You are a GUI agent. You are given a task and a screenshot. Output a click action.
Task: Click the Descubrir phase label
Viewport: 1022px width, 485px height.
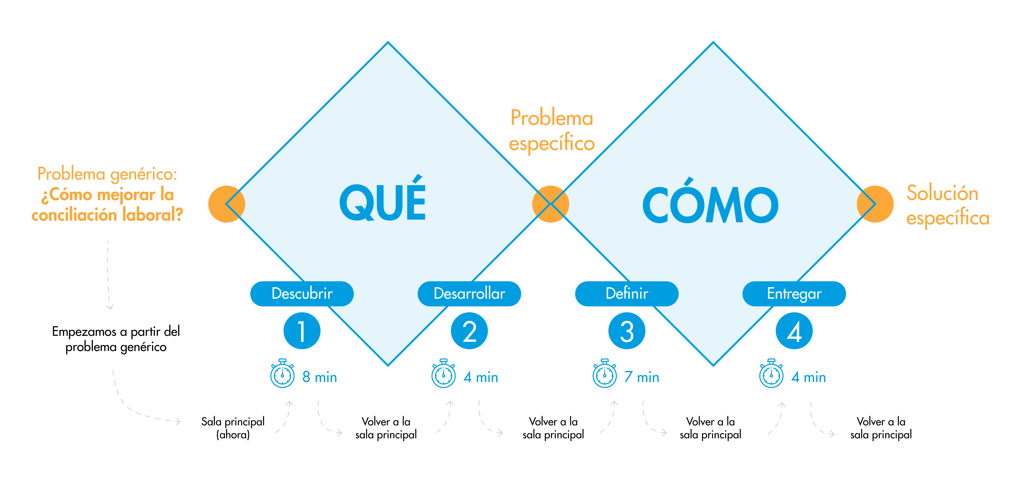point(302,294)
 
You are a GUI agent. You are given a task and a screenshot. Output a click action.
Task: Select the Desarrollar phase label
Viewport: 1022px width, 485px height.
point(469,294)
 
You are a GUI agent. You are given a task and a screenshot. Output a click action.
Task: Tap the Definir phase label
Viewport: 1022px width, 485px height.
point(627,294)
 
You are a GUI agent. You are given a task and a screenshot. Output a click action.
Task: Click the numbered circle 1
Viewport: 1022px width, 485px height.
point(302,331)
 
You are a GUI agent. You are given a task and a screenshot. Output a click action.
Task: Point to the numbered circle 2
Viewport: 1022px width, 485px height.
point(469,331)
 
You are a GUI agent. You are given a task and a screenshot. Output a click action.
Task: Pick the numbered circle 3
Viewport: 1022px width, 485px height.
point(627,331)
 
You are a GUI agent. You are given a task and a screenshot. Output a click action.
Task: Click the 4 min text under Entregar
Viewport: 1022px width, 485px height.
point(809,377)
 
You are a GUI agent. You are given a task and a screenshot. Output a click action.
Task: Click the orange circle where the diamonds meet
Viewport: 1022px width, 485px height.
point(551,204)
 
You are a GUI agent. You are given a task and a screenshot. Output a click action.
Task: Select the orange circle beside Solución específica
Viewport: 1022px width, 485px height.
point(875,204)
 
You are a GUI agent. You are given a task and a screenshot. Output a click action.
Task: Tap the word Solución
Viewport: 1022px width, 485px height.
point(942,193)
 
